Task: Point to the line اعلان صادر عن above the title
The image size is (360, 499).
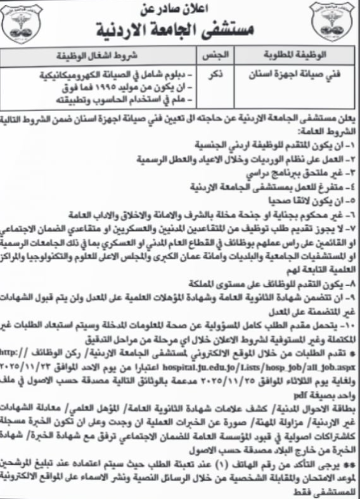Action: point(179,10)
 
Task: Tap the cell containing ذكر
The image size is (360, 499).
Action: point(216,74)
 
